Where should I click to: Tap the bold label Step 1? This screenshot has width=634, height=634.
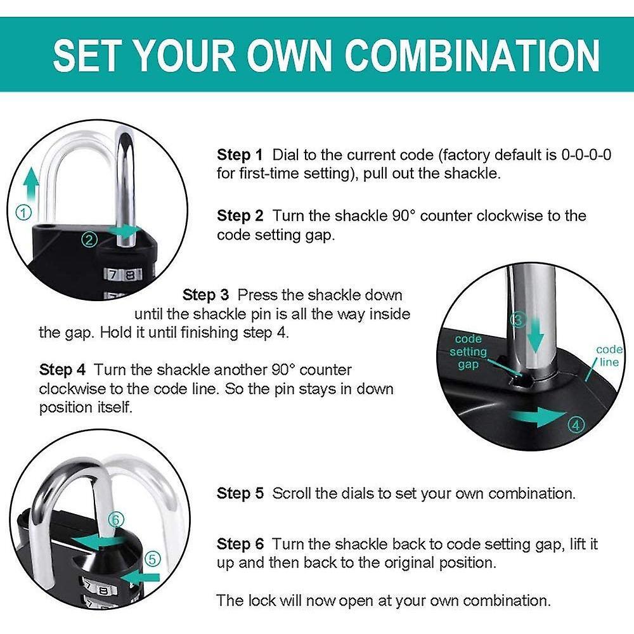pyautogui.click(x=240, y=155)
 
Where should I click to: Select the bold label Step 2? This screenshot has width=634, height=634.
pyautogui.click(x=240, y=216)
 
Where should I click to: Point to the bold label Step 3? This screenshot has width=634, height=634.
pyautogui.click(x=205, y=295)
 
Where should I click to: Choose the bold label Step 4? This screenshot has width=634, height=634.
pyautogui.click(x=62, y=370)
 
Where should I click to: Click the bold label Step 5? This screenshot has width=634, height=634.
pyautogui.click(x=240, y=494)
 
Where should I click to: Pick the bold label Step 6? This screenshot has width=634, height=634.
pyautogui.click(x=240, y=544)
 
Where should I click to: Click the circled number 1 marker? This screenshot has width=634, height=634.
pyautogui.click(x=23, y=212)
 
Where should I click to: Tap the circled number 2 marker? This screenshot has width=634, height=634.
pyautogui.click(x=89, y=240)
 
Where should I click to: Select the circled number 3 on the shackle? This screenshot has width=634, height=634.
pyautogui.click(x=518, y=320)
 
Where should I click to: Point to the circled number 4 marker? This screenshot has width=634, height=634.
pyautogui.click(x=576, y=425)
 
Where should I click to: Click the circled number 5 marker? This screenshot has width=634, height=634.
pyautogui.click(x=152, y=559)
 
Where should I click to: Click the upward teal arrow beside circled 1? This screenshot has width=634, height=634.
pyautogui.click(x=30, y=184)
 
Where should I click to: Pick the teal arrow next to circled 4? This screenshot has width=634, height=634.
pyautogui.click(x=538, y=417)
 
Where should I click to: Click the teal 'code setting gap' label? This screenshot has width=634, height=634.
pyautogui.click(x=469, y=352)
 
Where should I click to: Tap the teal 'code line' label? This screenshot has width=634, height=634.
pyautogui.click(x=609, y=356)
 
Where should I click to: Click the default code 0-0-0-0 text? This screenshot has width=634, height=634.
pyautogui.click(x=586, y=155)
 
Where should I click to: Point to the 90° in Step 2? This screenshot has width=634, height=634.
pyautogui.click(x=404, y=216)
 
